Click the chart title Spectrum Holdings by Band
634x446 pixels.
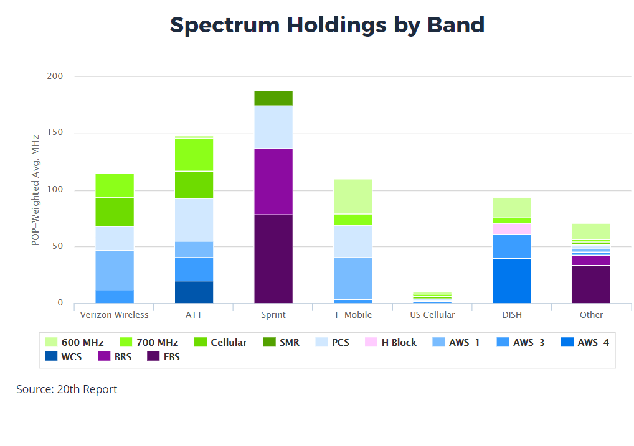pyautogui.click(x=327, y=25)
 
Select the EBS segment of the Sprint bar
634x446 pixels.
pyautogui.click(x=273, y=259)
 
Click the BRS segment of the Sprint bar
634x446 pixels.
pyautogui.click(x=273, y=182)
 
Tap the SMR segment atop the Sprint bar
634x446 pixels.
pyautogui.click(x=273, y=98)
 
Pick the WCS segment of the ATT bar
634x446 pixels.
pyautogui.click(x=194, y=292)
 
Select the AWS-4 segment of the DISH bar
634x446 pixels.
pyautogui.click(x=511, y=281)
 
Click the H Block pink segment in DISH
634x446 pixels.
pyautogui.click(x=511, y=228)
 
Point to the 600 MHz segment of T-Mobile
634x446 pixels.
pyautogui.click(x=353, y=197)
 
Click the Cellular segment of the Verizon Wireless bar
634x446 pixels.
pyautogui.click(x=114, y=212)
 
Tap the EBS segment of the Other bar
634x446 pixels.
pyautogui.click(x=591, y=284)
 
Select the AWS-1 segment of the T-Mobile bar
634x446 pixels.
pyautogui.click(x=353, y=279)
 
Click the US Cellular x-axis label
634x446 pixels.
pyautogui.click(x=432, y=315)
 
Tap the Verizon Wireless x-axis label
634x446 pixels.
pyautogui.click(x=114, y=315)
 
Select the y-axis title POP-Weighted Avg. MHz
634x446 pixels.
pyautogui.click(x=35, y=189)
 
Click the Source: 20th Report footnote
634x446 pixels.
pyautogui.click(x=67, y=389)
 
